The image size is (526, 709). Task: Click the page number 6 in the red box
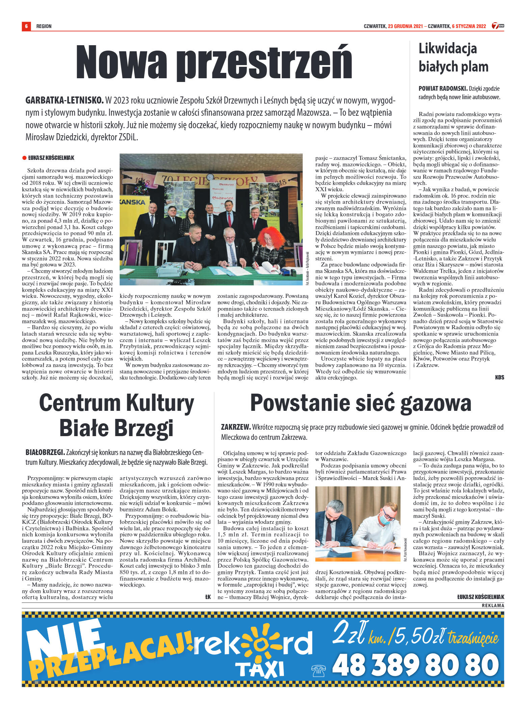click(x=26, y=26)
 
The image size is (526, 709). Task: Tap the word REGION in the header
click(x=44, y=26)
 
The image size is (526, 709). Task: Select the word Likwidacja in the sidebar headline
click(x=448, y=49)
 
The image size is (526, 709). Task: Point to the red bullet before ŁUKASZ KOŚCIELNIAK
click(x=24, y=158)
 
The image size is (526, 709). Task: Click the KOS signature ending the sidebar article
click(x=499, y=377)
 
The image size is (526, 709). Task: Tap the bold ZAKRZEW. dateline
click(x=236, y=427)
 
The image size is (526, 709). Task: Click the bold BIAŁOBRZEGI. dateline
click(x=45, y=452)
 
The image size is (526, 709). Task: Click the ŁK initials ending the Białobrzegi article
click(x=208, y=597)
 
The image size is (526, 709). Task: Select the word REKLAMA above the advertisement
click(x=493, y=605)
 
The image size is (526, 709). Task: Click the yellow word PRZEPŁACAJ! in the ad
click(x=111, y=656)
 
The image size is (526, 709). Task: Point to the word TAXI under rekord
click(x=259, y=670)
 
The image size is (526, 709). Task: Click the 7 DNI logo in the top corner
click(x=498, y=26)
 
